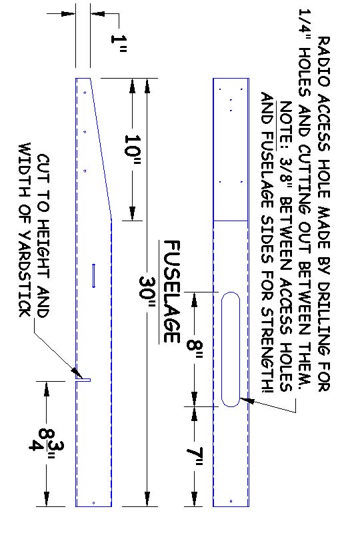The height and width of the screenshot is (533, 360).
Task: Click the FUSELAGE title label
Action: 172,291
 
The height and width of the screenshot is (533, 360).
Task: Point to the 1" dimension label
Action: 119,43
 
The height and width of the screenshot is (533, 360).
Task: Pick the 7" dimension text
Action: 195,457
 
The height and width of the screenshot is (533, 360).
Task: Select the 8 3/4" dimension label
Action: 46,444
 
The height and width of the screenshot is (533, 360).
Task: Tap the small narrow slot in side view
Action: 94,276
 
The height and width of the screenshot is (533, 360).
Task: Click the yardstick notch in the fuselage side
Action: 83,379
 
